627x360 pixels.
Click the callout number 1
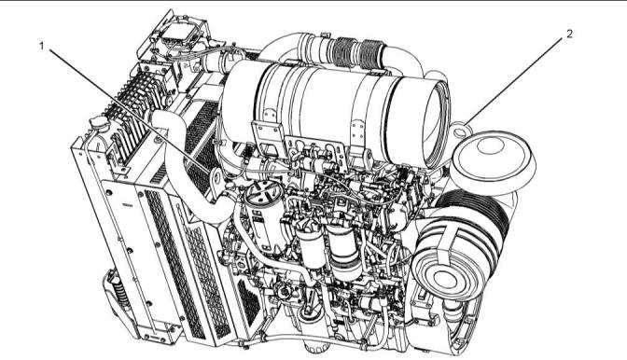pos(41,47)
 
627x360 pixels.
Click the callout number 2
pos(570,34)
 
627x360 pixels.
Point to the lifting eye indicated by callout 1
pos(216,181)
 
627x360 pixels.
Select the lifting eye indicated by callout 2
pos(461,131)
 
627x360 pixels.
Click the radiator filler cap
pos(100,123)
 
